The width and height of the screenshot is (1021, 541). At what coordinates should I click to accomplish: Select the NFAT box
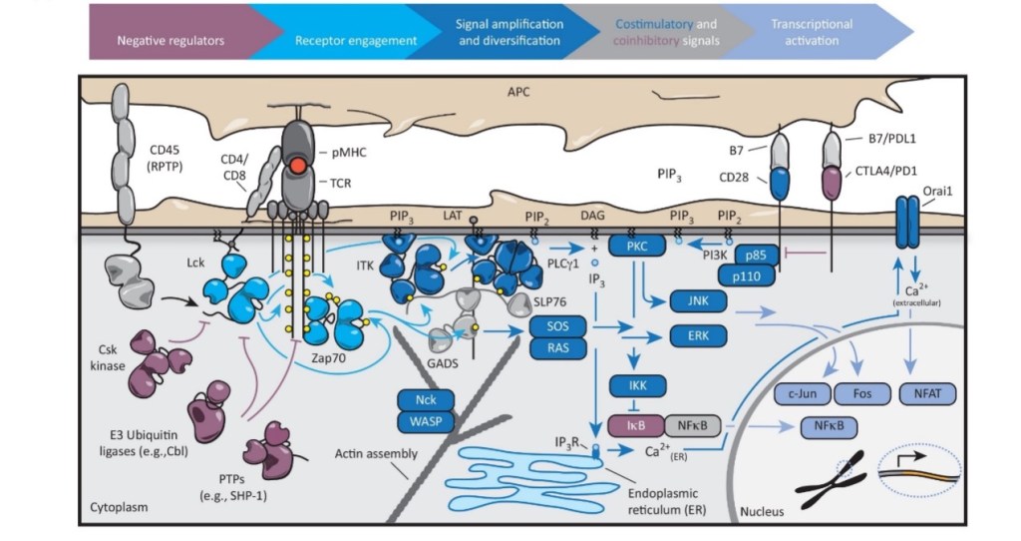click(927, 393)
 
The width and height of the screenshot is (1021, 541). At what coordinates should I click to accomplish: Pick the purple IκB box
click(635, 425)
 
